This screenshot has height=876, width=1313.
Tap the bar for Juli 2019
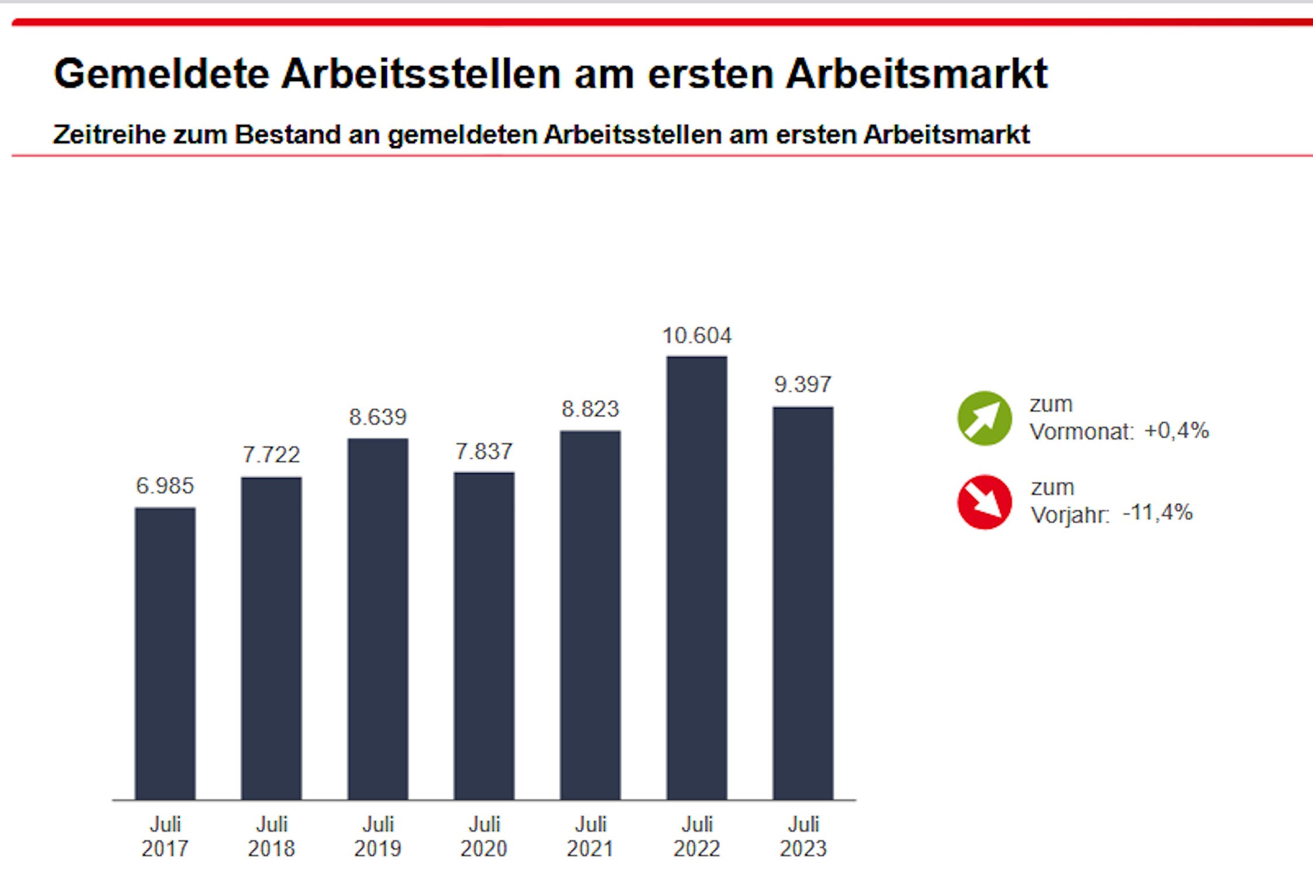(378, 618)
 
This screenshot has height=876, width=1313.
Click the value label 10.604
(697, 336)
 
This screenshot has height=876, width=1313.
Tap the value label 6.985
(165, 486)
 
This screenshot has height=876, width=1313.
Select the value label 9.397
(803, 384)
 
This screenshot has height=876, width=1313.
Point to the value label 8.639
(377, 417)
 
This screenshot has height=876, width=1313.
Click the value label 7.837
(484, 451)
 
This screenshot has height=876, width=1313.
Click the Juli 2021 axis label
(590, 836)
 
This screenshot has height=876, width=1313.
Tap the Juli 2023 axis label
(803, 836)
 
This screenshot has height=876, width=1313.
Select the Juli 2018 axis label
(272, 836)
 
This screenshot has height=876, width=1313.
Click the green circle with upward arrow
(985, 418)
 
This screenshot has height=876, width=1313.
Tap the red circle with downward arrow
(985, 502)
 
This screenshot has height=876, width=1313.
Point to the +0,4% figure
(1176, 431)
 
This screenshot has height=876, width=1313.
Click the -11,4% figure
(1158, 513)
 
